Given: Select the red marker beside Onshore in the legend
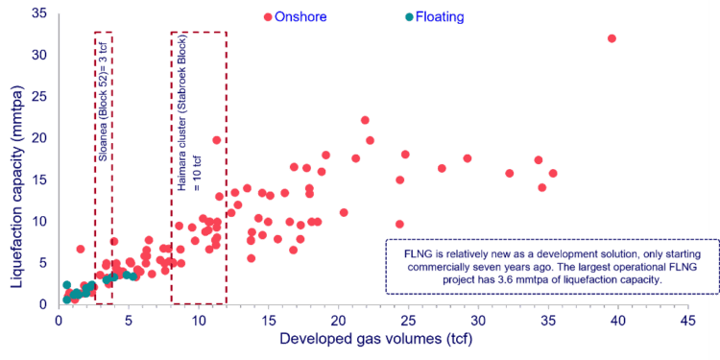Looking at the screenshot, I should coord(267,16).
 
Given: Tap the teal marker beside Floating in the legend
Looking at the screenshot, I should coord(409,16).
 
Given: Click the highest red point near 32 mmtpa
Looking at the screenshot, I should coord(612,38).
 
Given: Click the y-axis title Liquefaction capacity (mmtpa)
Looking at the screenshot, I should coord(15,158).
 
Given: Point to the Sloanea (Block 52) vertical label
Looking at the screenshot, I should coord(104,93).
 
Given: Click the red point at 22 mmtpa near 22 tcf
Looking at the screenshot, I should coord(365,120).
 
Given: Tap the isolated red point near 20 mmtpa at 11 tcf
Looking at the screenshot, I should coord(217,140).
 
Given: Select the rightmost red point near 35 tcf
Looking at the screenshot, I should coord(553,174).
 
